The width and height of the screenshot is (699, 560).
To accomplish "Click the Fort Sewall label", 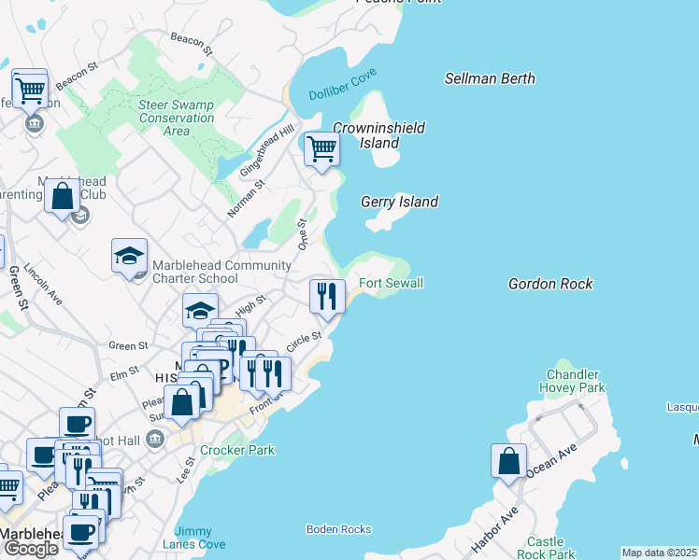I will click(392, 283).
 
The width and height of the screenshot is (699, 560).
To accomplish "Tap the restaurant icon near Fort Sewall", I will click(326, 297).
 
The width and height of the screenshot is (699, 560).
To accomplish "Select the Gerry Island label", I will click(399, 202).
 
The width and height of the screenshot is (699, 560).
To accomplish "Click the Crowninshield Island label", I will click(379, 135).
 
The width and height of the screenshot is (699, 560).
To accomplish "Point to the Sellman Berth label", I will click(490, 79).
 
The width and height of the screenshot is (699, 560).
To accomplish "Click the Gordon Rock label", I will click(550, 283).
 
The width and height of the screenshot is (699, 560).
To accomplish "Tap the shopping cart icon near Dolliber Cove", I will click(321, 148).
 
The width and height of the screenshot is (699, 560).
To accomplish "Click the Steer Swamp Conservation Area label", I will click(177, 118).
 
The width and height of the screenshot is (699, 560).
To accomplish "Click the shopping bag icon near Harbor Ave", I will click(507, 460).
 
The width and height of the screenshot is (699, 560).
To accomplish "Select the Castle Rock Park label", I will click(545, 548).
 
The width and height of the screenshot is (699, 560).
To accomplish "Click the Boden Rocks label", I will click(338, 529).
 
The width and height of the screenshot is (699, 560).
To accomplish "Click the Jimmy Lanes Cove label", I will click(193, 538).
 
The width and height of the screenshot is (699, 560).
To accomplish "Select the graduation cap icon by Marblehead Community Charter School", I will click(130, 255).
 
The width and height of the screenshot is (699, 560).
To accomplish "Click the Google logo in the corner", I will click(31, 548).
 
